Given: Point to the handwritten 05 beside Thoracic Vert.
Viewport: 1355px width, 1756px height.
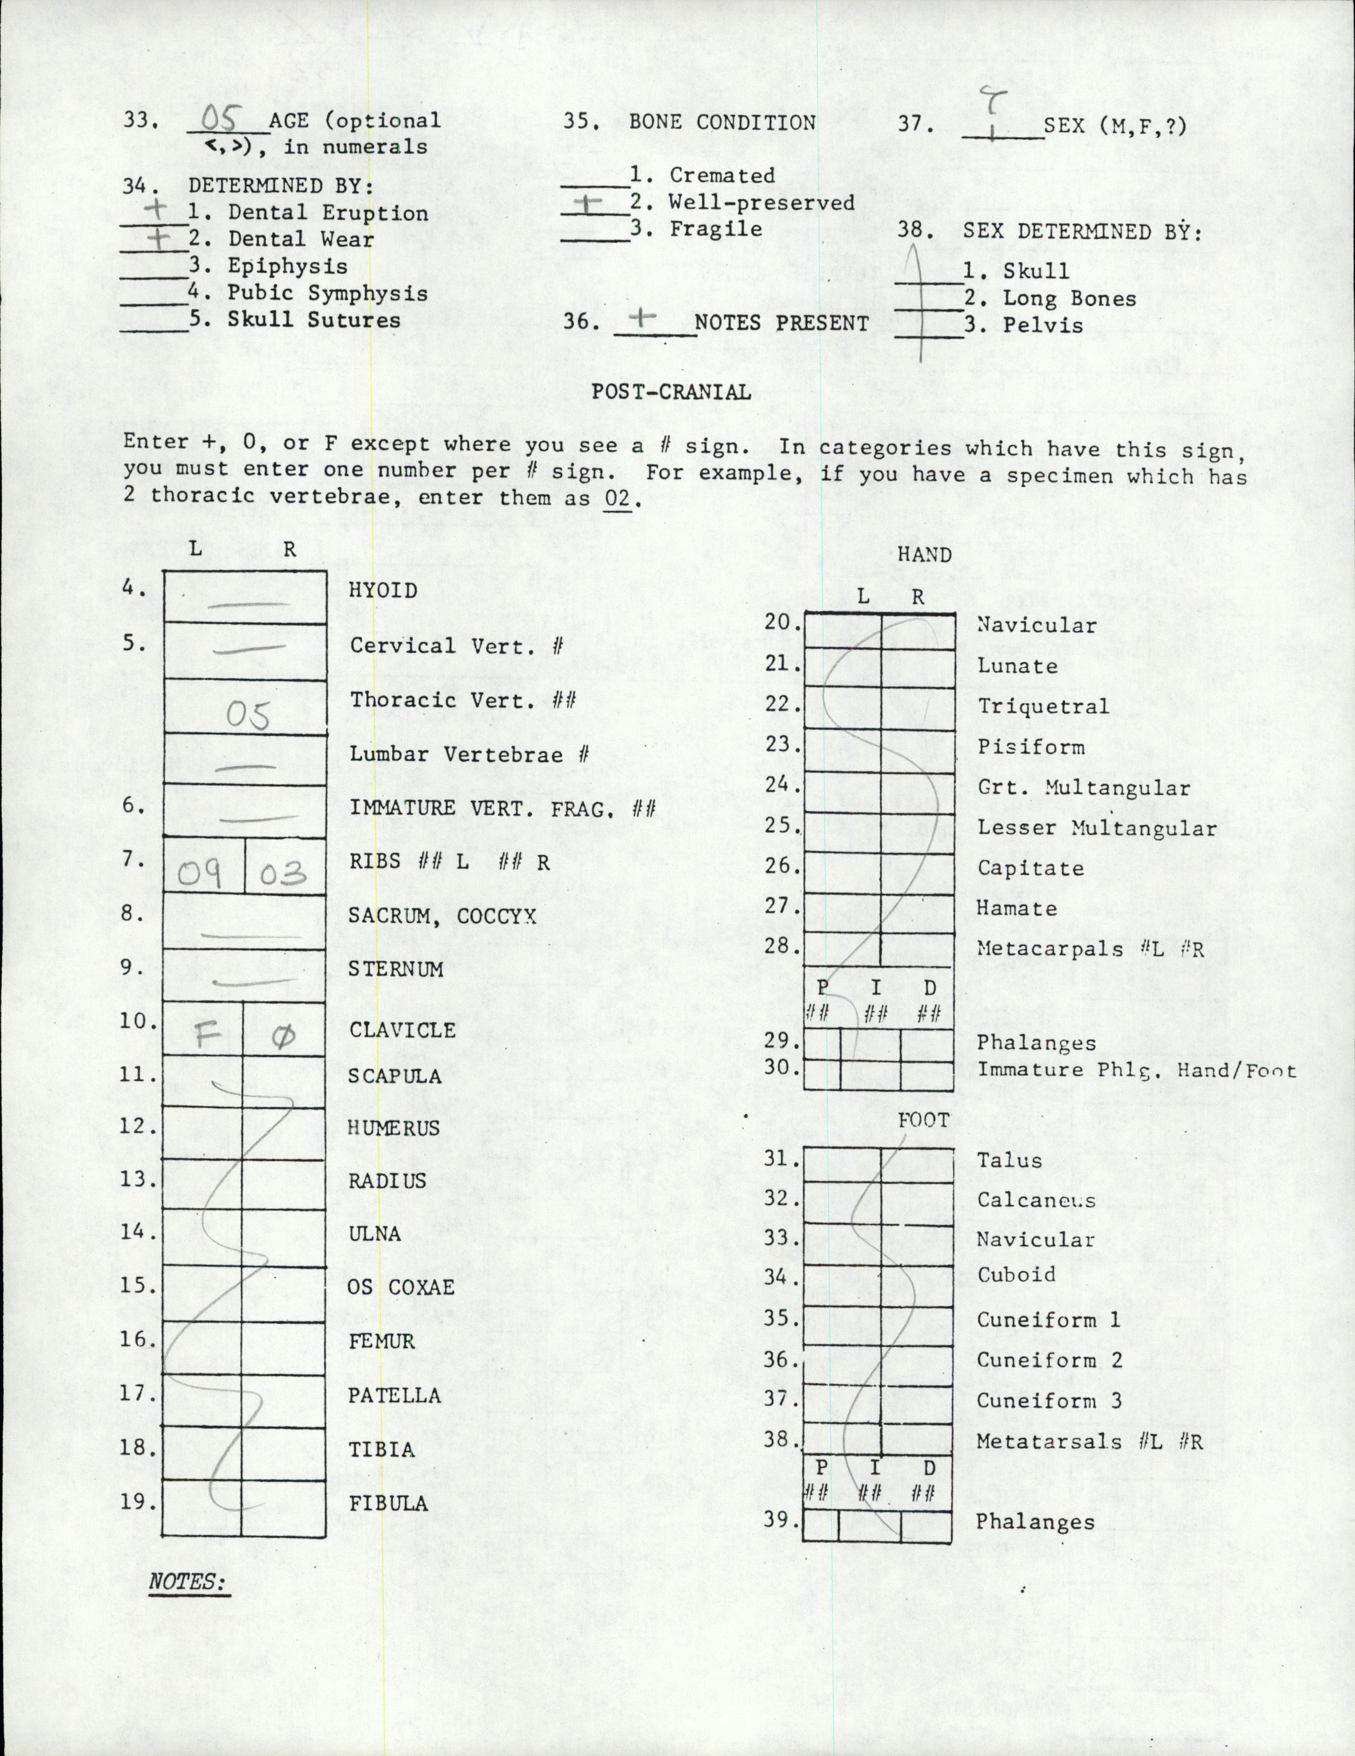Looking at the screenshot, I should (x=247, y=715).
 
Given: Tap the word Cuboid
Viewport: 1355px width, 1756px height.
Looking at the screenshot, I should (x=1016, y=1275).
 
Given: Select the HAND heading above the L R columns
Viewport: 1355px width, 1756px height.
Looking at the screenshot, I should (x=924, y=555).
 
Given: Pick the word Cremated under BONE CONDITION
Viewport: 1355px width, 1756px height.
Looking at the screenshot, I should (x=722, y=175).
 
